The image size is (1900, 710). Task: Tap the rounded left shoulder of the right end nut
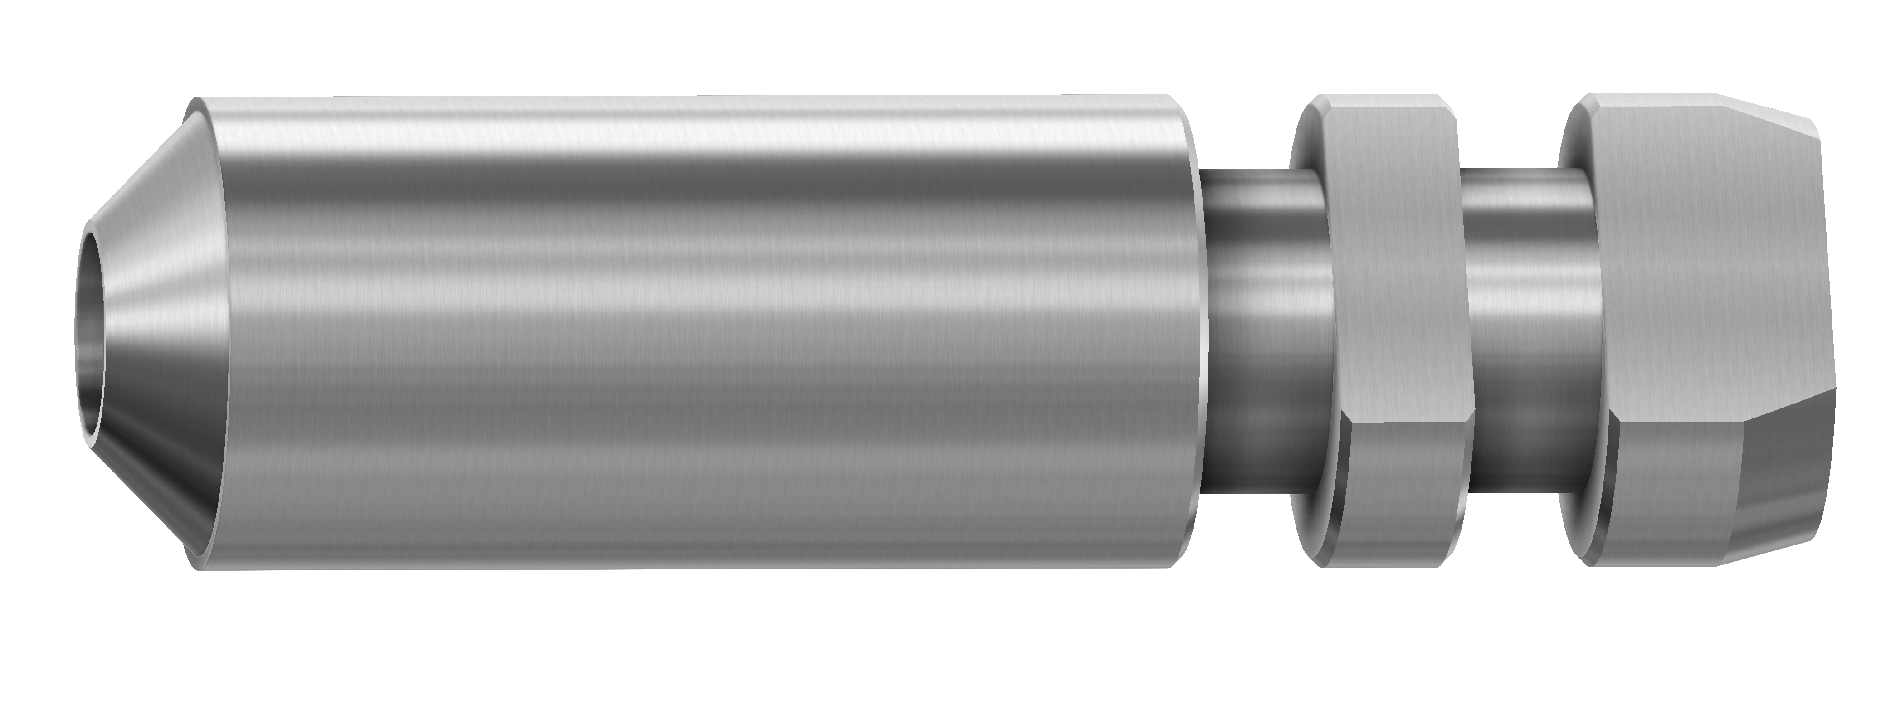click(x=1578, y=332)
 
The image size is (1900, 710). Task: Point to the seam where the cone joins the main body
click(x=214, y=332)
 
